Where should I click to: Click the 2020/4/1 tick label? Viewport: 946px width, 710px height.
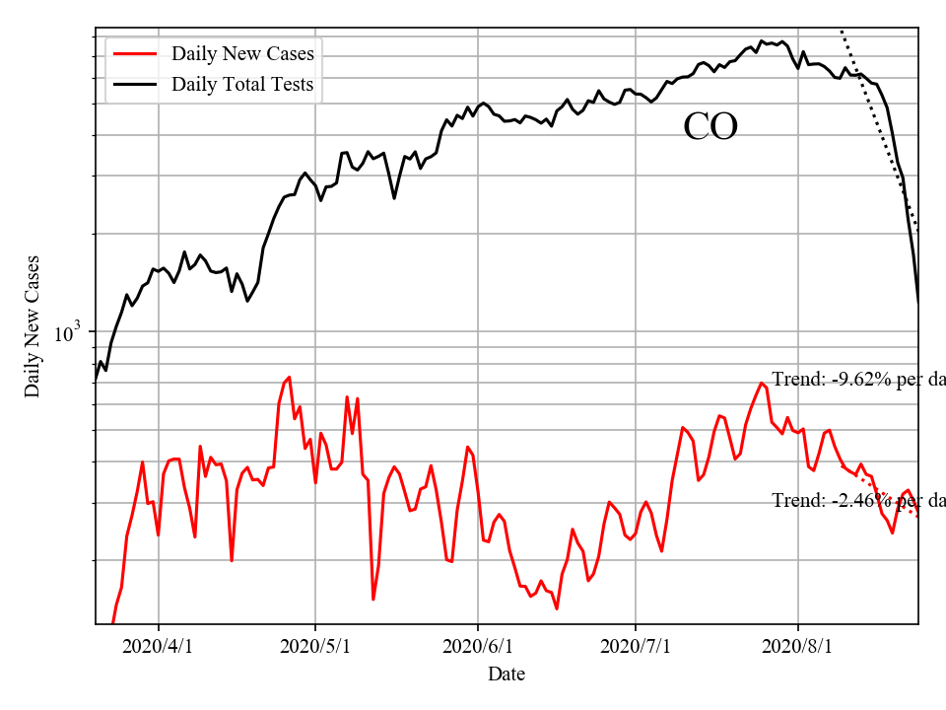coord(159,647)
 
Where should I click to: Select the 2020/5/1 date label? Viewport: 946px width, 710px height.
coord(315,647)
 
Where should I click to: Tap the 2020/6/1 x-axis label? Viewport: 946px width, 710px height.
coord(478,647)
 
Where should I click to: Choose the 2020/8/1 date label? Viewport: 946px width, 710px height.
coord(798,647)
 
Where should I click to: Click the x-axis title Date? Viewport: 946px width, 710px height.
coord(507,674)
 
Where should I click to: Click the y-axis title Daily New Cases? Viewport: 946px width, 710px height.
coord(33,326)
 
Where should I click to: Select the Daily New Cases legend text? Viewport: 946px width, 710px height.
coord(242,53)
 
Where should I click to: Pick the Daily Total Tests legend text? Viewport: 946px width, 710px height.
coord(242,84)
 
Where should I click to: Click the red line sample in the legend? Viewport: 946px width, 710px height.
coord(135,53)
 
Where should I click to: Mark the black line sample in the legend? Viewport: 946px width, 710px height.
coord(135,84)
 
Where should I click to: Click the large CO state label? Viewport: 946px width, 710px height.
coord(710,126)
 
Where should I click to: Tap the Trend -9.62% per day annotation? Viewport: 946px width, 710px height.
coord(857,380)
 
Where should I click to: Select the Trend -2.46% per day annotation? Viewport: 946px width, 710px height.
coord(857,501)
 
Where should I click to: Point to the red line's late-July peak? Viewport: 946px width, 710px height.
coord(762,384)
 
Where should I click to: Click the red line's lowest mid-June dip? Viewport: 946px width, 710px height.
coord(557,608)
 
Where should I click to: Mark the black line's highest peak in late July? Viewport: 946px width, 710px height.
coord(761,41)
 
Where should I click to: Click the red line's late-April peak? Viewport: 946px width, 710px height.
coord(289,377)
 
